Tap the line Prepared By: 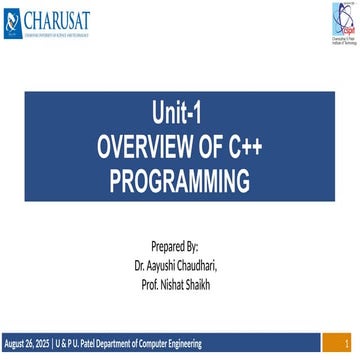pos(180,245)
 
